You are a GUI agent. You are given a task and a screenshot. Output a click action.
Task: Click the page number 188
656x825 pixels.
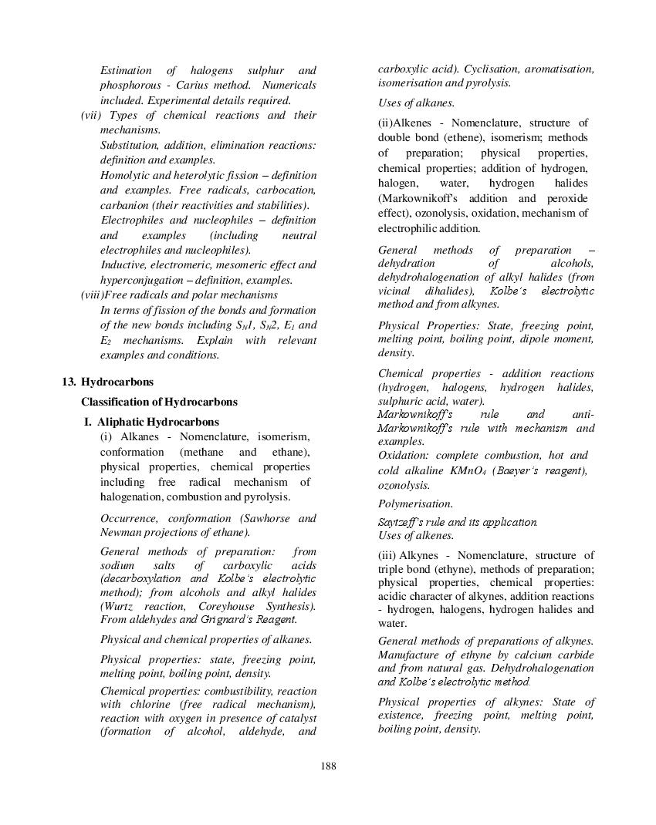point(328,766)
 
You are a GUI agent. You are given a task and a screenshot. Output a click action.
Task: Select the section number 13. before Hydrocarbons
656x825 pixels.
point(69,382)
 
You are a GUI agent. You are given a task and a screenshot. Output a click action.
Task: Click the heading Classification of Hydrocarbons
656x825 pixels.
point(159,402)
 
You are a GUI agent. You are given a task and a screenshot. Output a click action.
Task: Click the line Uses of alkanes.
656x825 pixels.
point(416,103)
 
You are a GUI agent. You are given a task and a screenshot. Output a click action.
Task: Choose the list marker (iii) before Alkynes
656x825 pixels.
point(387,555)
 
